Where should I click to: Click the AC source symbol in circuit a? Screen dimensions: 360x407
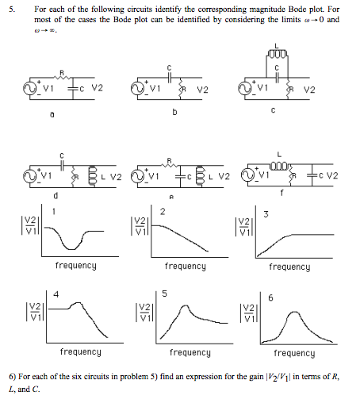[x=29, y=89]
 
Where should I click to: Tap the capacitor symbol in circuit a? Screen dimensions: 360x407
[x=73, y=89]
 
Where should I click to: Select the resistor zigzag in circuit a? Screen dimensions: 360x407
[x=62, y=78]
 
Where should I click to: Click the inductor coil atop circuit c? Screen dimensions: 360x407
[x=277, y=54]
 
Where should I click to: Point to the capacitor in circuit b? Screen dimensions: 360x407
[x=169, y=78]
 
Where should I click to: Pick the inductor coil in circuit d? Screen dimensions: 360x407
[x=93, y=176]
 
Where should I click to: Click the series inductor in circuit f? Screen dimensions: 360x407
[x=279, y=166]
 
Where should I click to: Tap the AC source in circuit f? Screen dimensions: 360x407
[x=247, y=175]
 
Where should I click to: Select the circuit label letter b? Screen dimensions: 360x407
[x=174, y=112]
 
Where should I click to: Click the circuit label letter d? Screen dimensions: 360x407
[x=56, y=196]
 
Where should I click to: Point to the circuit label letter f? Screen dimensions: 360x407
[x=281, y=194]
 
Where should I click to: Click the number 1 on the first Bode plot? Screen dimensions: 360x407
[x=54, y=212]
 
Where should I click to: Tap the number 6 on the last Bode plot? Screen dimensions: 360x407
[x=270, y=298]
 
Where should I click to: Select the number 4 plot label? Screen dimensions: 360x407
[x=56, y=294]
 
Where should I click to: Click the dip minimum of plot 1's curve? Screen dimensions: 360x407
[x=71, y=249]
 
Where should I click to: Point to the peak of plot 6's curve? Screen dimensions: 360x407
[x=294, y=313]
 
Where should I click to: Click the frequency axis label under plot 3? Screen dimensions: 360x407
[x=289, y=267]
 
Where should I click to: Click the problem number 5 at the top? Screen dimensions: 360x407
[x=12, y=10]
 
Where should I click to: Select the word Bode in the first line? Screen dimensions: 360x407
[x=298, y=10]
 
